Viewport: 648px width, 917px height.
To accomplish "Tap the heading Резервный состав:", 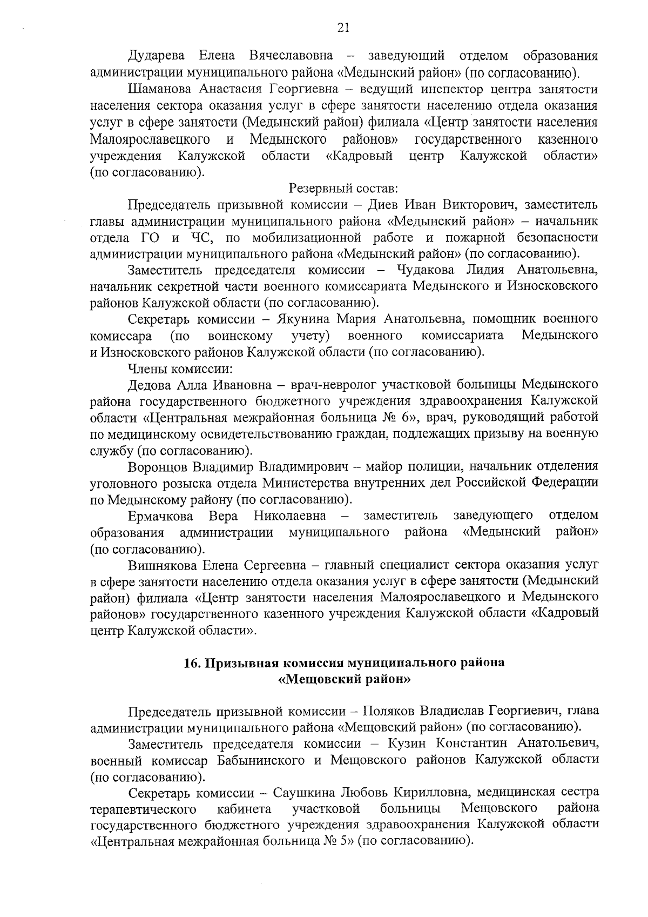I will [x=343, y=189].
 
